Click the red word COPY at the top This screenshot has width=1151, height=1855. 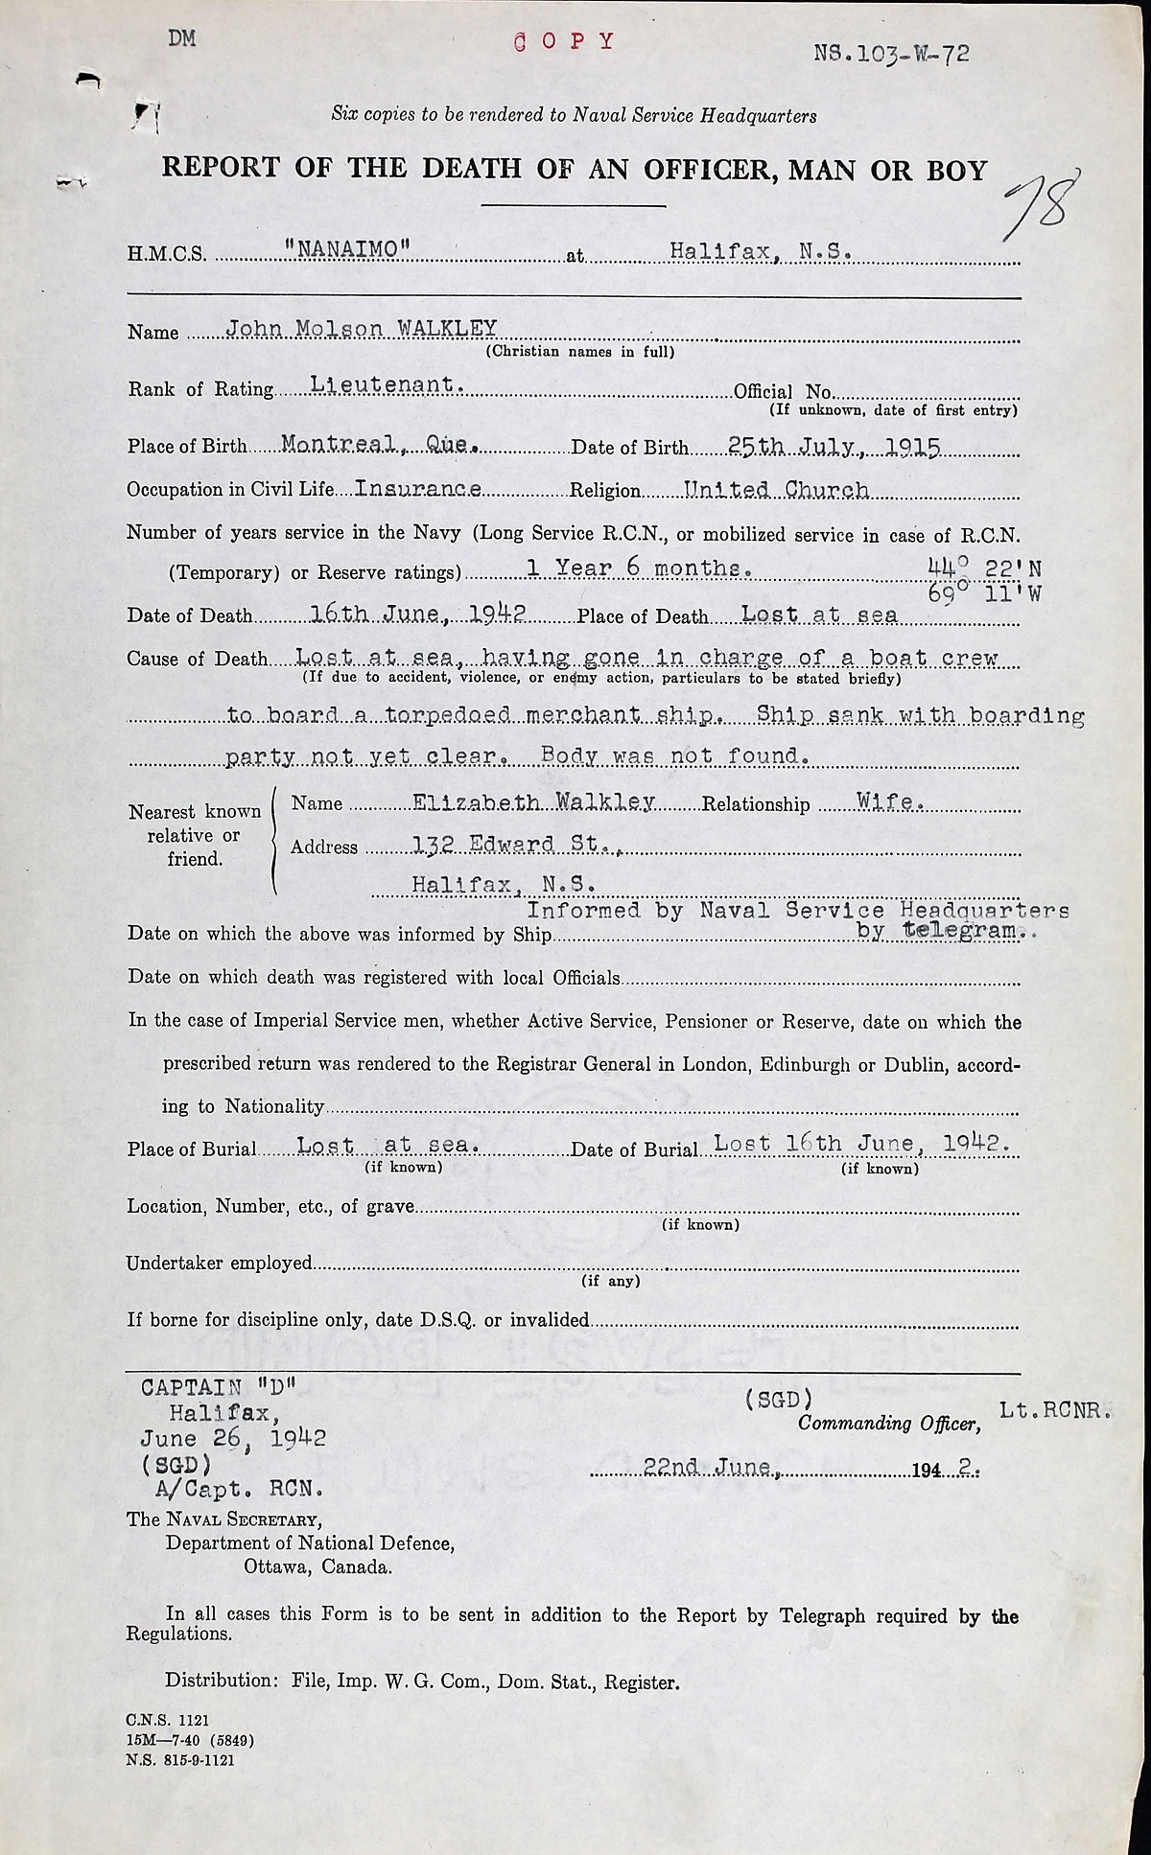(564, 41)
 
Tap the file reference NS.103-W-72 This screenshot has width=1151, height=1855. (891, 54)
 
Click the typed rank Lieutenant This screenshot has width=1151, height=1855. (388, 384)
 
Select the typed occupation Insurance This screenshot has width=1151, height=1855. (418, 488)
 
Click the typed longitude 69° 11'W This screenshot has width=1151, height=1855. (984, 593)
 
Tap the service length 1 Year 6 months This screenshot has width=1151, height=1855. (639, 568)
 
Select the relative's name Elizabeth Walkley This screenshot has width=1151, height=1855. (534, 802)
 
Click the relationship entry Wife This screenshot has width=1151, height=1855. (891, 802)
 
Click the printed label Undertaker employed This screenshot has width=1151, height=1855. (219, 1264)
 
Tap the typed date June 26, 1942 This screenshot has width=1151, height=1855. (233, 1438)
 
